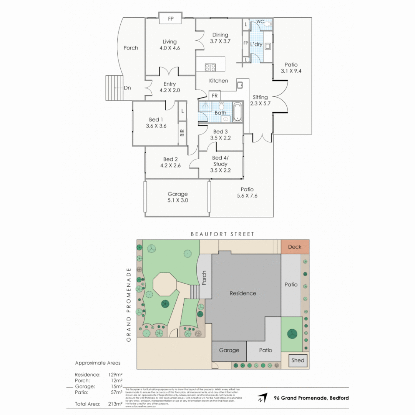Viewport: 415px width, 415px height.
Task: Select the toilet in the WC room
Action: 268,23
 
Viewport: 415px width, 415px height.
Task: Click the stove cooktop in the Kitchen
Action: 210,68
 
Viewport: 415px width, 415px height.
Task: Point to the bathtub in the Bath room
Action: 238,112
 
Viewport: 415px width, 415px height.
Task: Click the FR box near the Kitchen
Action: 214,95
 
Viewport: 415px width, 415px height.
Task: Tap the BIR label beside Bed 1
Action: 182,133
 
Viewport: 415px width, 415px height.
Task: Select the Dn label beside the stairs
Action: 127,88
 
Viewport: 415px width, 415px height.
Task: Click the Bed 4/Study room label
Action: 220,161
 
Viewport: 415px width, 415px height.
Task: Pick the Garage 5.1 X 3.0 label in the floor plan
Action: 177,197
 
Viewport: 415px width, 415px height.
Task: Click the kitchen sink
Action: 240,85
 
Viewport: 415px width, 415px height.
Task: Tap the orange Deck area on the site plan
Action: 295,247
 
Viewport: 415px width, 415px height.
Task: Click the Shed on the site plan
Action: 298,360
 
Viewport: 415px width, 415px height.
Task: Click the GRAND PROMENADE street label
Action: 129,305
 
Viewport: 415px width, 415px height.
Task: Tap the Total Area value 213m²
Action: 115,404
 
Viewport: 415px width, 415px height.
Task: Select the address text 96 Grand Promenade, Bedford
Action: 311,398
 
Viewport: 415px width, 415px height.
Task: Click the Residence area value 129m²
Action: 115,374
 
